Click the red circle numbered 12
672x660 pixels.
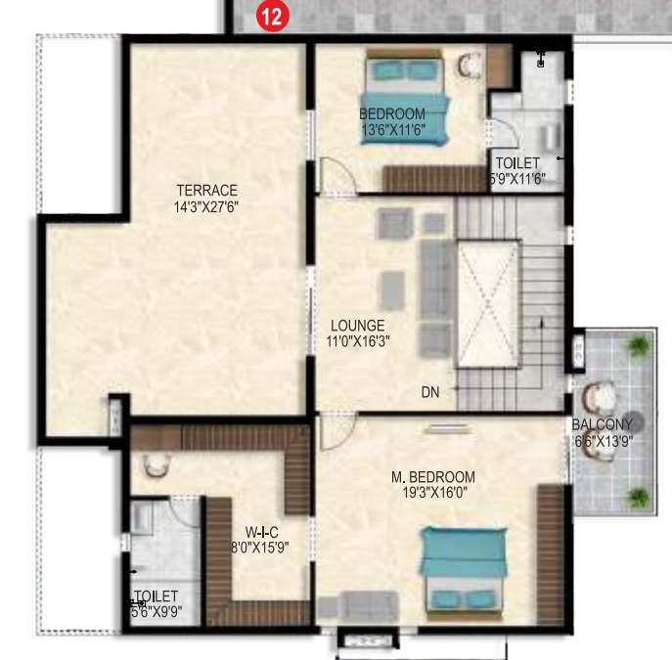(x=269, y=16)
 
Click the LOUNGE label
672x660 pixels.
(x=357, y=326)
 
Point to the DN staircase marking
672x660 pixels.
(x=430, y=392)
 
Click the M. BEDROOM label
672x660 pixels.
(x=432, y=477)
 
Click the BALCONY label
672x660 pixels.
(x=603, y=424)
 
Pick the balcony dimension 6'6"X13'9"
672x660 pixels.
(x=603, y=441)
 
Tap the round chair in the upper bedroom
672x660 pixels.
(x=470, y=66)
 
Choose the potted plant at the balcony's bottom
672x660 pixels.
(x=638, y=496)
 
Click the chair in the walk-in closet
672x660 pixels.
(x=155, y=465)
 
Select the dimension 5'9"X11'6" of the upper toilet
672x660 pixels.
(x=517, y=179)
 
